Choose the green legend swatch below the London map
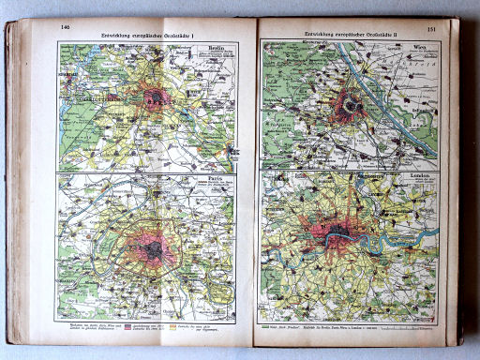click(268, 330)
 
